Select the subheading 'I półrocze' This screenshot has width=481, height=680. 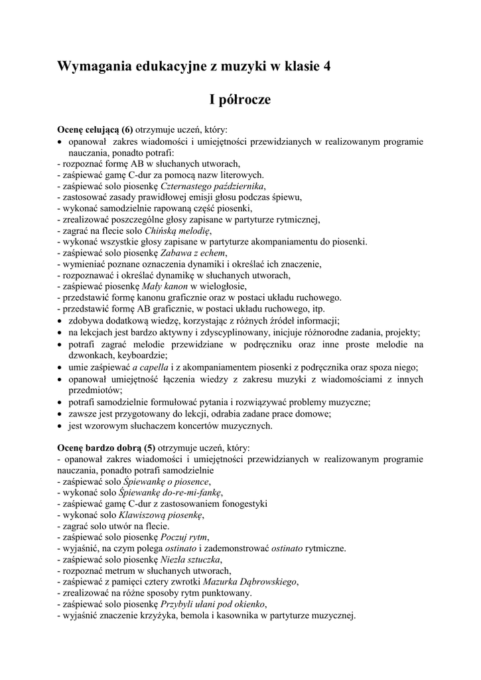(240, 100)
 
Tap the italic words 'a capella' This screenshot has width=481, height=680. (153, 368)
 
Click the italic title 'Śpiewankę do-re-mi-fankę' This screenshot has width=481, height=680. (171, 492)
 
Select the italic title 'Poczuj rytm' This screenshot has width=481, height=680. (185, 537)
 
